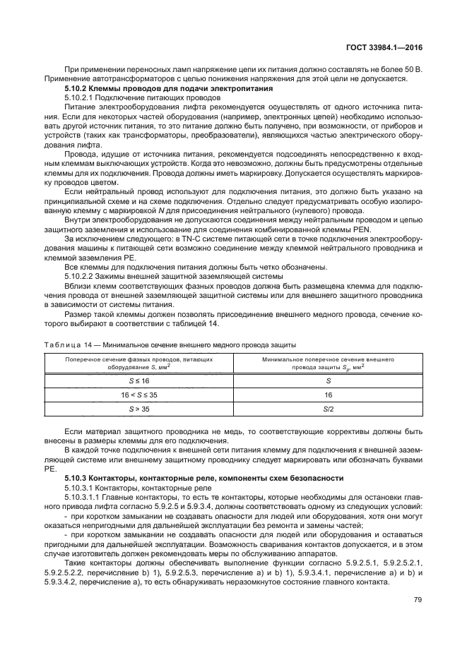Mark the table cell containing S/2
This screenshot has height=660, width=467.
coord(328,409)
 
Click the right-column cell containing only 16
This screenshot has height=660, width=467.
coord(328,395)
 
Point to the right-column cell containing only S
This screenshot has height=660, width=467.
coord(328,380)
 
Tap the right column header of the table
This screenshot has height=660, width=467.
coord(328,363)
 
